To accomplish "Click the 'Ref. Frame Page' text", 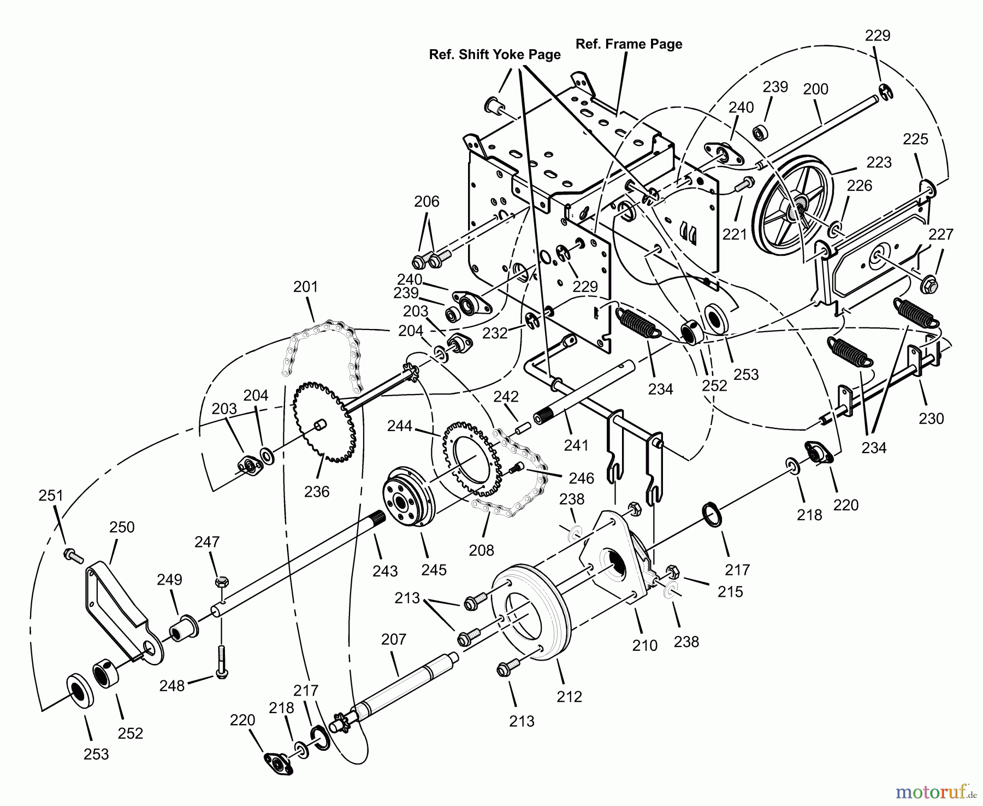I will point(629,44).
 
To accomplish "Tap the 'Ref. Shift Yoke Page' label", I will point(495,55).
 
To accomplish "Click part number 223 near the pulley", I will point(879,162).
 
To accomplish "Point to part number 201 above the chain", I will point(305,286).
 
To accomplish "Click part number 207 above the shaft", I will point(394,639).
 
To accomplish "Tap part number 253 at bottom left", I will point(97,754).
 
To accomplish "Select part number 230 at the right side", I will point(931,419).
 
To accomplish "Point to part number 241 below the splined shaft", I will point(576,445).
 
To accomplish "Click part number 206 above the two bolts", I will point(427,202).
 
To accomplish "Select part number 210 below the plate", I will point(644,645).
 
